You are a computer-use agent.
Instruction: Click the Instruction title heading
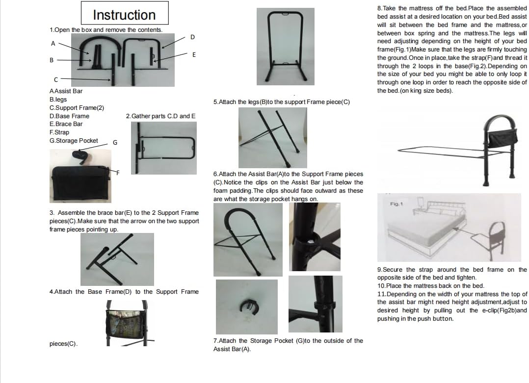[125, 15]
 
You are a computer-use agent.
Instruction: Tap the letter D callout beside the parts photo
[192, 37]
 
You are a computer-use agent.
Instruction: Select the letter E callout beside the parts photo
[194, 54]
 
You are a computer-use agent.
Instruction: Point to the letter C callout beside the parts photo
[56, 79]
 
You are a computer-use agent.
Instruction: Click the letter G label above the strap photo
[115, 143]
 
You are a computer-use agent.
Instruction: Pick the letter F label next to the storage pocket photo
[118, 173]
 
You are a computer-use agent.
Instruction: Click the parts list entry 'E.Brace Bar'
[66, 124]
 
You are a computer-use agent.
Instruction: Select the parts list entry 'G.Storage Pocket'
[74, 141]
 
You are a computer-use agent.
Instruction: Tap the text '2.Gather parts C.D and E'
[160, 116]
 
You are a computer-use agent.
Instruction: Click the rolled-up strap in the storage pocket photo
[80, 156]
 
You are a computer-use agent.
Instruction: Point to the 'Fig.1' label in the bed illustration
[397, 204]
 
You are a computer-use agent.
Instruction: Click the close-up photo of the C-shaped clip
[247, 307]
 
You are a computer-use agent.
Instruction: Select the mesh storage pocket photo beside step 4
[127, 323]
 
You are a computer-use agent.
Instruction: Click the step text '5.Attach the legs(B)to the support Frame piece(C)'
[281, 102]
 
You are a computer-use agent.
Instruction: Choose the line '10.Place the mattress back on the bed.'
[430, 285]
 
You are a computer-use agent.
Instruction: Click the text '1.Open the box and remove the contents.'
[106, 29]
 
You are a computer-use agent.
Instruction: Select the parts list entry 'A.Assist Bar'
[66, 91]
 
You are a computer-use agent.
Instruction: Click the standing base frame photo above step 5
[286, 47]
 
